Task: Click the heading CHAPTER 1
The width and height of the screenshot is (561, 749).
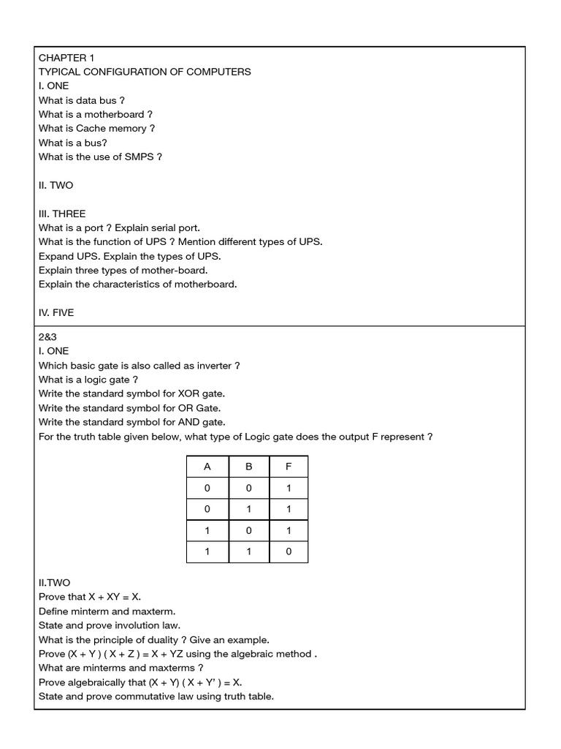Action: point(66,58)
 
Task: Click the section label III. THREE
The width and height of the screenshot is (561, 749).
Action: point(62,214)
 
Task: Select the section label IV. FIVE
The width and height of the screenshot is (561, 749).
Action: point(56,312)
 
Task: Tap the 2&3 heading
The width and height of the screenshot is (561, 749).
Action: point(47,337)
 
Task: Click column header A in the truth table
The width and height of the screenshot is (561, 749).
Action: point(207,467)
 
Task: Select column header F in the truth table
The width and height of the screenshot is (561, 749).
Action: point(289,467)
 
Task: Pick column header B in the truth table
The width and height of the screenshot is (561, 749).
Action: point(249,467)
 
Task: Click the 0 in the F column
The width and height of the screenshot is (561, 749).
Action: point(289,552)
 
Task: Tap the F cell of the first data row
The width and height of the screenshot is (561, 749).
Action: point(289,488)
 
